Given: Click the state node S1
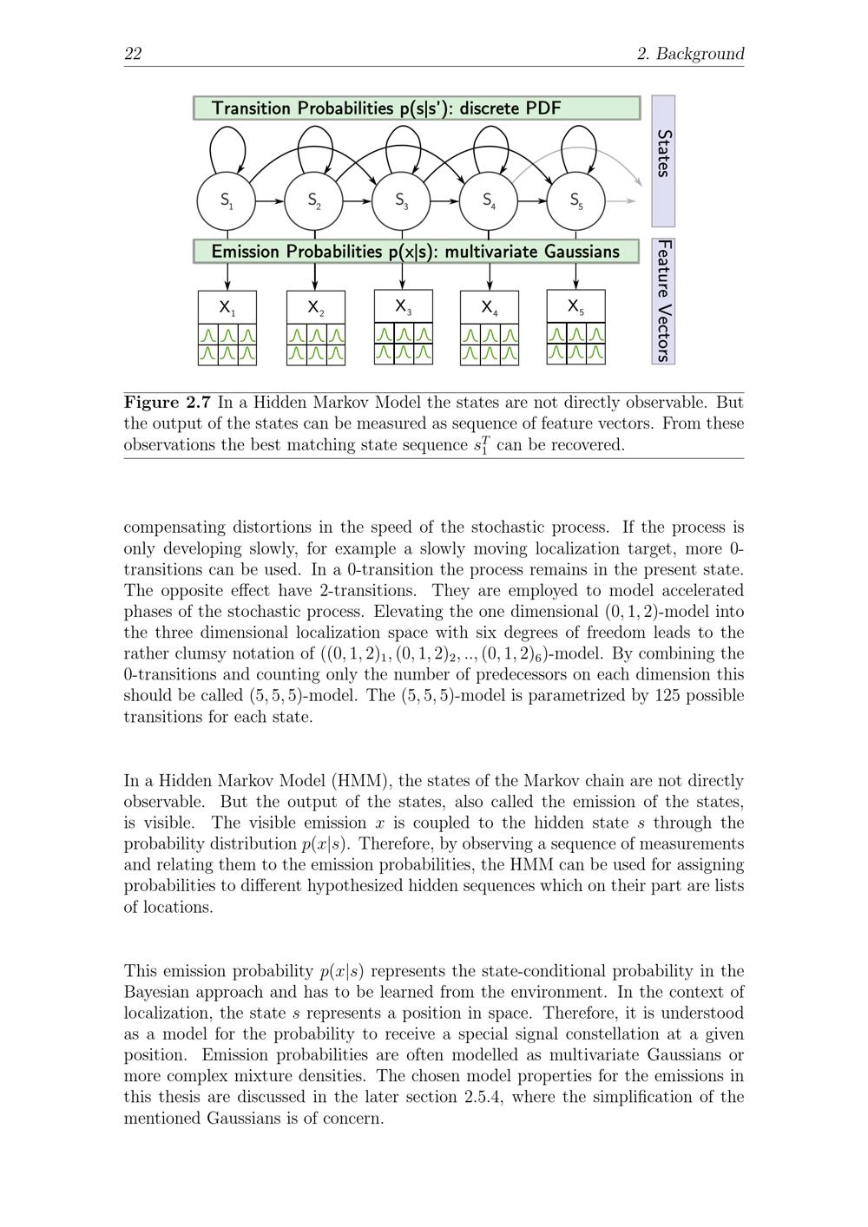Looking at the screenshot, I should click(227, 200).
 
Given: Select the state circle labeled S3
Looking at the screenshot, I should click(401, 200).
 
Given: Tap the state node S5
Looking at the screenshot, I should click(576, 200).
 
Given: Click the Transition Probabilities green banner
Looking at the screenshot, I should click(417, 108).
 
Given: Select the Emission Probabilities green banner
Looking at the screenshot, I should click(417, 252).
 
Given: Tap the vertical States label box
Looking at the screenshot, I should click(663, 161).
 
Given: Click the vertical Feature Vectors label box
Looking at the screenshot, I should click(663, 301).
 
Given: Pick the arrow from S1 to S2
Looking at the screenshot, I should click(271, 200).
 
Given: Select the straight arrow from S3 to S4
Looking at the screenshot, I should click(445, 200).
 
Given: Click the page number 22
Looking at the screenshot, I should click(133, 54).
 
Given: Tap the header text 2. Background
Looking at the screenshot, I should click(691, 54).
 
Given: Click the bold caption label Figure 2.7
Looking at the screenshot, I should click(168, 403).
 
